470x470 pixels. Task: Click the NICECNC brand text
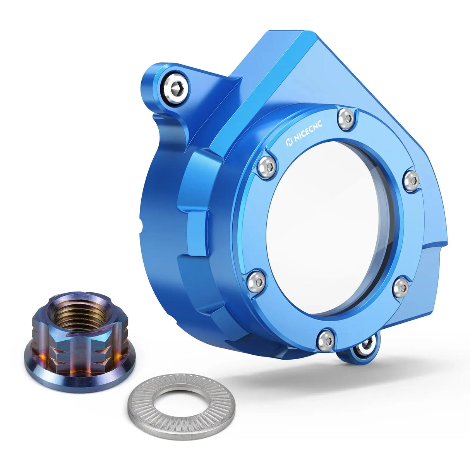pyautogui.click(x=310, y=134)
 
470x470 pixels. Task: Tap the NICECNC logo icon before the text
pyautogui.click(x=288, y=142)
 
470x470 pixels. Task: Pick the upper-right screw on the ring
pyautogui.click(x=412, y=181)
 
